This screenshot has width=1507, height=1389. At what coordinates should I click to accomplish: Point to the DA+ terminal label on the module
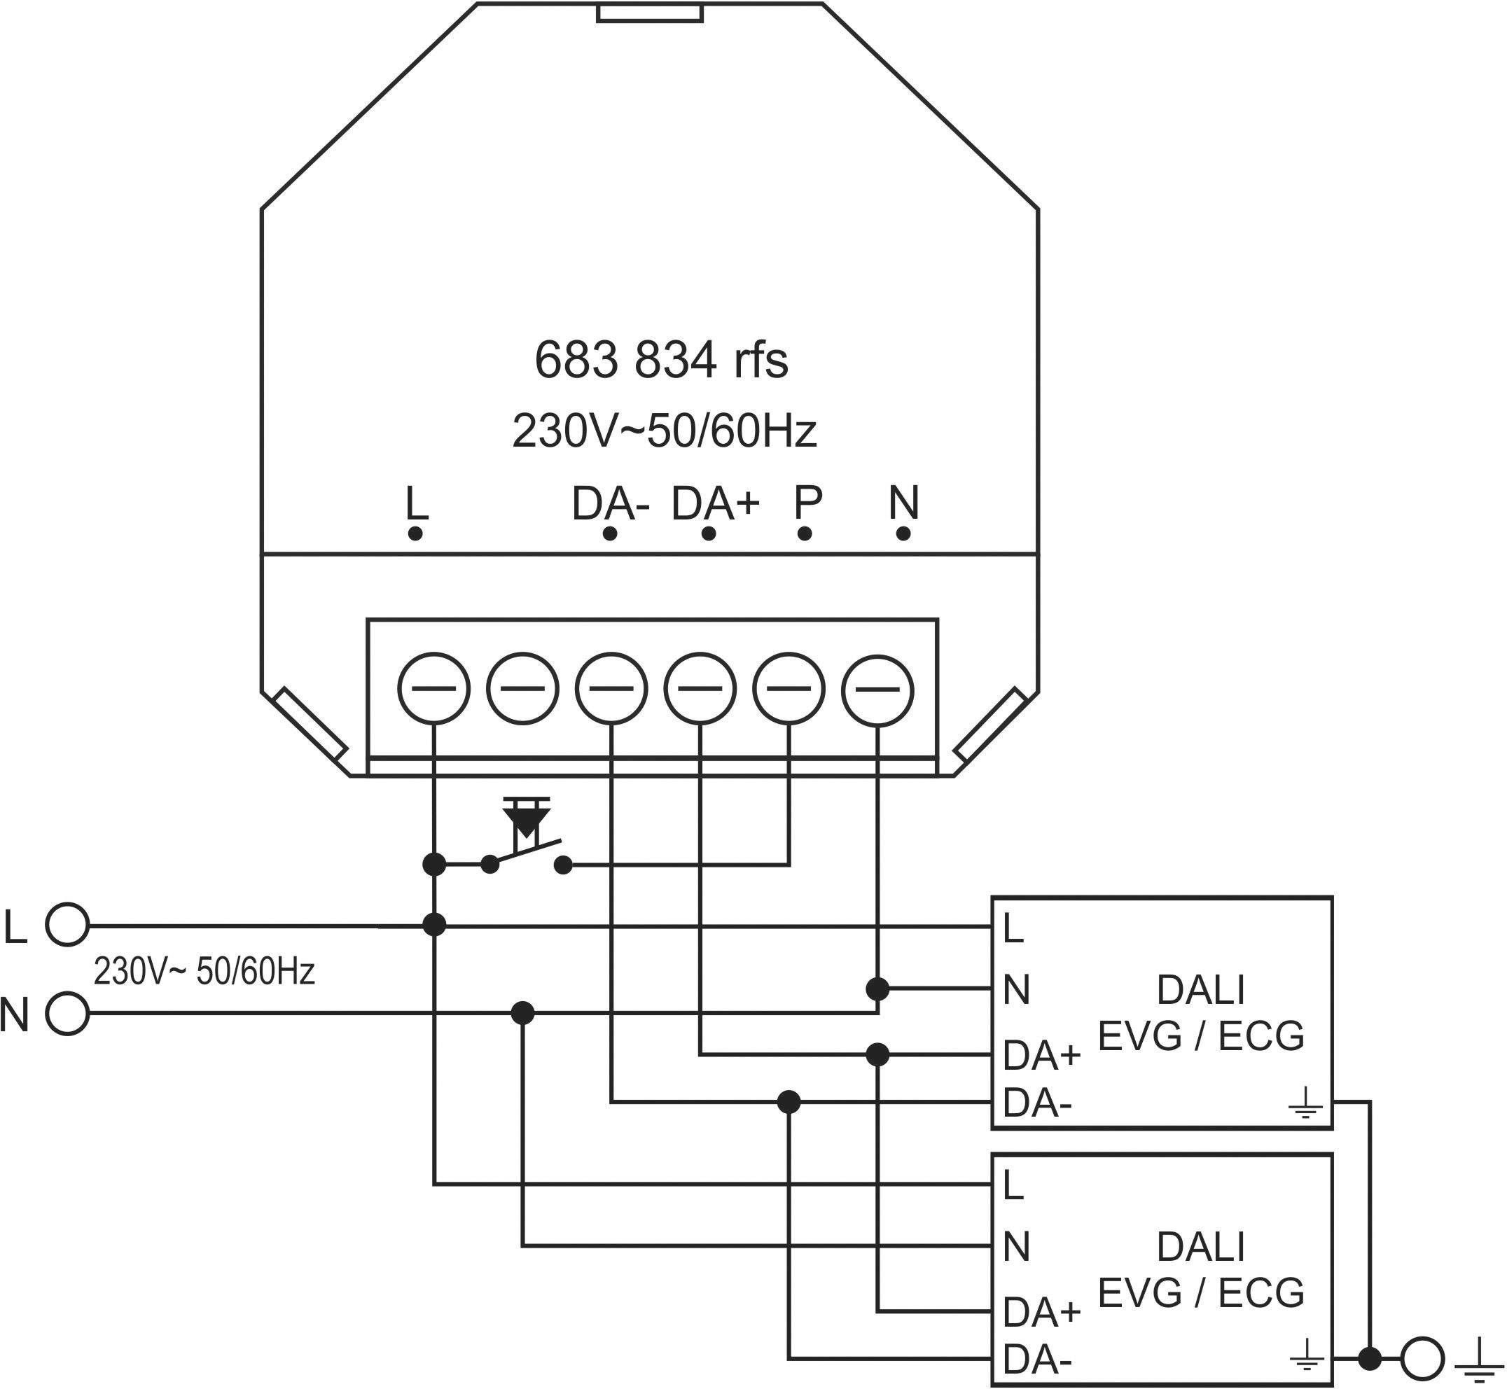click(x=715, y=503)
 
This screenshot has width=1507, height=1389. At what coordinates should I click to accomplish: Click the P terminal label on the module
click(x=807, y=503)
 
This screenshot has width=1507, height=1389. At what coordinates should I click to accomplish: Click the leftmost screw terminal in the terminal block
click(x=433, y=689)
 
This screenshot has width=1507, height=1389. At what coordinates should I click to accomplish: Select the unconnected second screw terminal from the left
click(x=522, y=689)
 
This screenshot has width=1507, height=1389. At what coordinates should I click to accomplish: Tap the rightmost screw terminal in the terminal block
click(x=877, y=689)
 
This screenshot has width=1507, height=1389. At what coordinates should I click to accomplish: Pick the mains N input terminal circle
click(x=67, y=1014)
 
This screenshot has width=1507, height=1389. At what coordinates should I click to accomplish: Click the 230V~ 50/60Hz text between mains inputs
click(x=204, y=972)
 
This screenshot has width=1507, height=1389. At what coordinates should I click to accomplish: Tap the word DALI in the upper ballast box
click(x=1200, y=990)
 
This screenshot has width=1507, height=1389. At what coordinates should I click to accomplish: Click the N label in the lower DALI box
click(x=1015, y=1248)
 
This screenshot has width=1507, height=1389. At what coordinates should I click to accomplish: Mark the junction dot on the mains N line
click(x=522, y=1013)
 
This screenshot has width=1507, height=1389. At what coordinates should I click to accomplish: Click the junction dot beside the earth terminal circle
click(x=1370, y=1358)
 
